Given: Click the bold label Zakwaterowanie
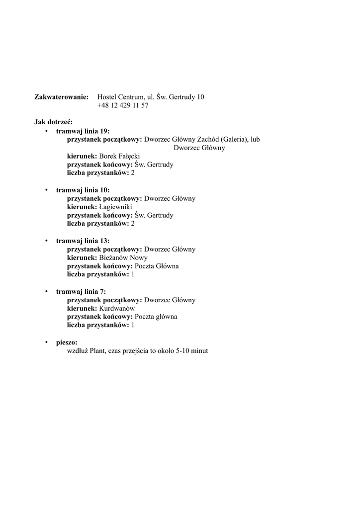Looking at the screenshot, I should pos(61,97).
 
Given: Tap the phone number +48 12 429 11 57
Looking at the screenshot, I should pos(123,105).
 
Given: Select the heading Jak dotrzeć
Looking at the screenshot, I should pos(53,122).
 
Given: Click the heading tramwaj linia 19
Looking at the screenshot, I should pos(83,131).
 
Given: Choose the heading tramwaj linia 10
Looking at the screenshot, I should pos(83,190).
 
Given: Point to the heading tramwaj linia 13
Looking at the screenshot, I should pos(83,241).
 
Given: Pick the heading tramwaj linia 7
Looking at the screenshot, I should pos(81,292).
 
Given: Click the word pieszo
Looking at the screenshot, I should pos(67,342).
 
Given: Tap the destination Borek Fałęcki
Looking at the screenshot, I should pos(119,156).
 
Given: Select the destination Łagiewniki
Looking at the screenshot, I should pos(115,207).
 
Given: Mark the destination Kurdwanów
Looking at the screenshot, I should pos(117,308).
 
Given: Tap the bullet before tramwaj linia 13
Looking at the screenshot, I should pos(46,241).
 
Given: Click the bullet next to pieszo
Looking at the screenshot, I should pos(46,342).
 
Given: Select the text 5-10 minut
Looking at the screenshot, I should pos(192,351).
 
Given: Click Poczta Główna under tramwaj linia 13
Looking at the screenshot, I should pos(157,266).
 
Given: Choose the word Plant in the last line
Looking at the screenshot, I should pos(97,351).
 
